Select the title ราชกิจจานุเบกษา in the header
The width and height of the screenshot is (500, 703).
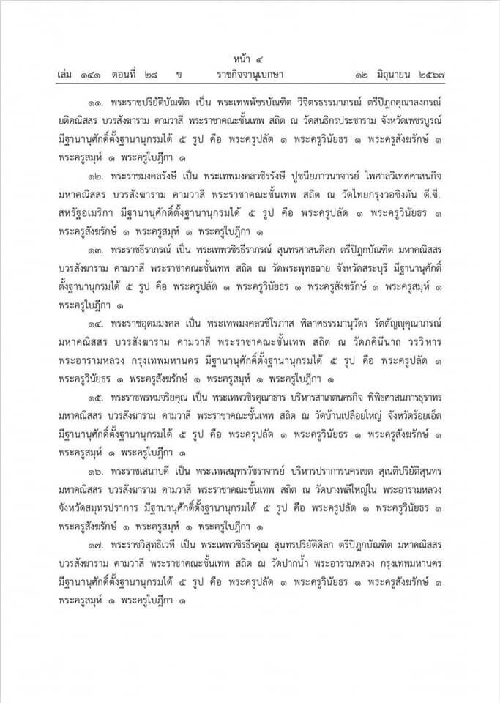pyautogui.click(x=250, y=75)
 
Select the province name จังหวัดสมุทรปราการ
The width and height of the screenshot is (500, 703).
pyautogui.click(x=102, y=505)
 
